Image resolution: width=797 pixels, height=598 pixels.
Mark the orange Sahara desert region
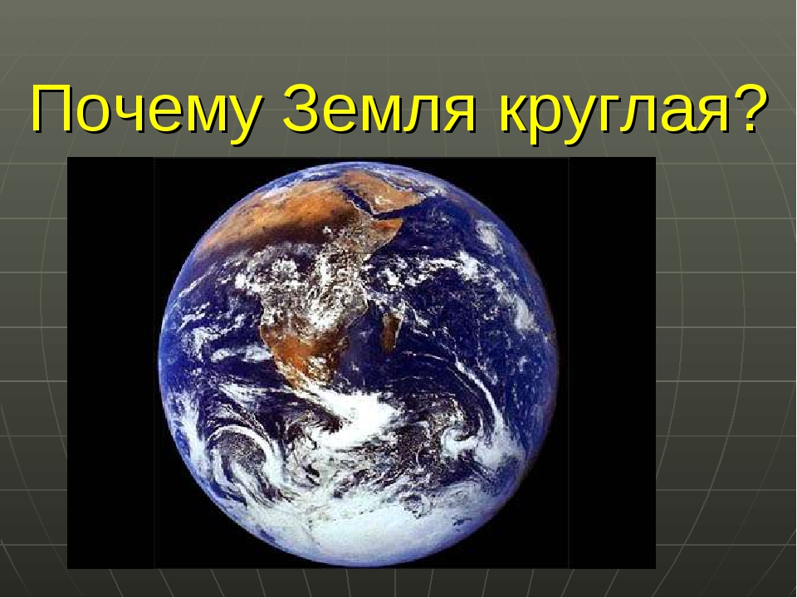(x=249, y=208)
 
